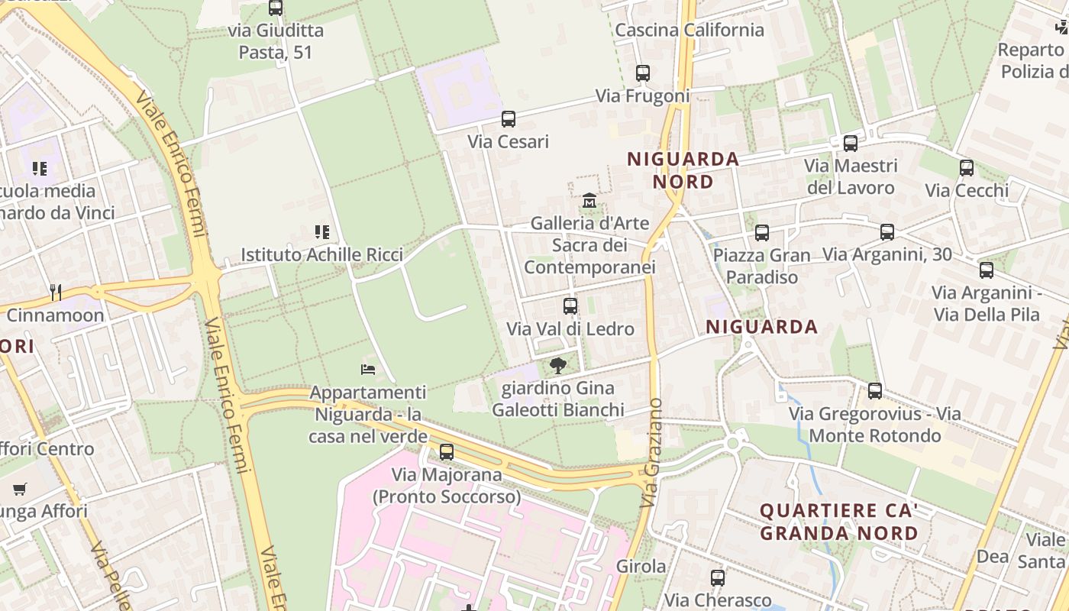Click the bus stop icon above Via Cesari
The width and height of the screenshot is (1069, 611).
coord(509,119)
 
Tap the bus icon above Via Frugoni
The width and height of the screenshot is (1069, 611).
coord(643,73)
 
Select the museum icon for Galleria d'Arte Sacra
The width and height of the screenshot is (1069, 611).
coord(589,201)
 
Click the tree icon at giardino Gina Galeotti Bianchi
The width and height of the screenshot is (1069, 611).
coord(558,365)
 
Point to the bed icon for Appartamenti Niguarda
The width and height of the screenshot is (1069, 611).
coord(368,370)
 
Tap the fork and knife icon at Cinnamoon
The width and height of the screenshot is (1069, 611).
coord(55,292)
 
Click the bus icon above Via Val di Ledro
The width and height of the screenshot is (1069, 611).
coord(570,306)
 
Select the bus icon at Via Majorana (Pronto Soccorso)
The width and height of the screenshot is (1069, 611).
coord(447,452)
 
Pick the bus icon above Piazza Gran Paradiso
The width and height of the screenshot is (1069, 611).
coord(762,233)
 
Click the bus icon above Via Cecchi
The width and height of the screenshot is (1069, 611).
coord(967,168)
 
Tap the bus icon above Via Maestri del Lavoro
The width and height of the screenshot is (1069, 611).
coord(851,143)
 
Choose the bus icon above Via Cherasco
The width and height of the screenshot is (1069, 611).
coord(718,578)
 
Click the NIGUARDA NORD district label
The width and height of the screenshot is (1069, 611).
coord(683,170)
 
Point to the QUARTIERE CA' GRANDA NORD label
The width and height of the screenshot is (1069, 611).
coord(838,522)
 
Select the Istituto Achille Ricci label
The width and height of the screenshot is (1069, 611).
coord(322,254)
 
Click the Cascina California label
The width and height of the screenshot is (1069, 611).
coord(690,30)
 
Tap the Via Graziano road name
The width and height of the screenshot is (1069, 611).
coord(651,452)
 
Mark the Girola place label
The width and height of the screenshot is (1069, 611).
coord(641,567)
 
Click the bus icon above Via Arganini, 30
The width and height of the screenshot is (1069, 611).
coord(887,231)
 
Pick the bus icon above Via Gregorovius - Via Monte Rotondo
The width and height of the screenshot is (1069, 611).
coord(875,391)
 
